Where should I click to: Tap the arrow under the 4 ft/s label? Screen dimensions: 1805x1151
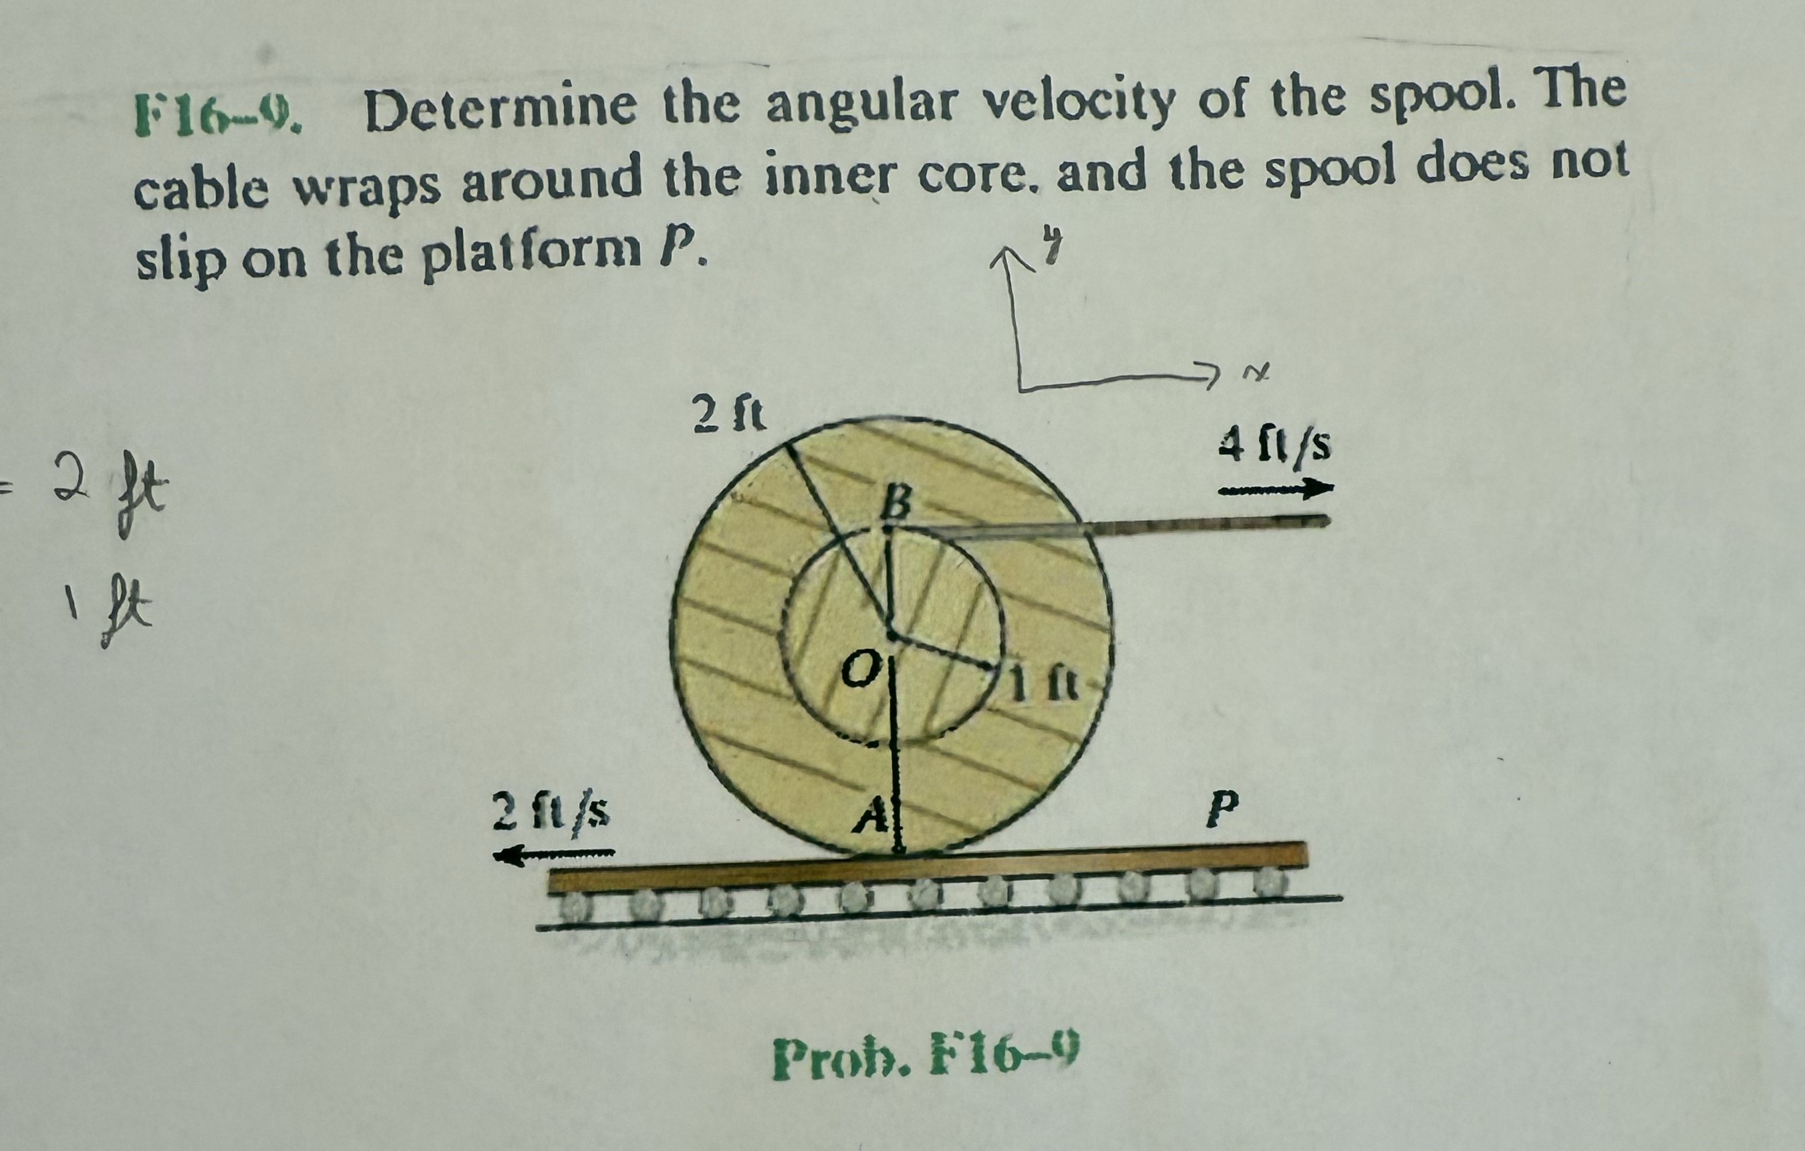(x=1276, y=491)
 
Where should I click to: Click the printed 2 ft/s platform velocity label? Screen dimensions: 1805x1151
(x=550, y=811)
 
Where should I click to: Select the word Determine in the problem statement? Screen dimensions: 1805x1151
(x=499, y=112)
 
